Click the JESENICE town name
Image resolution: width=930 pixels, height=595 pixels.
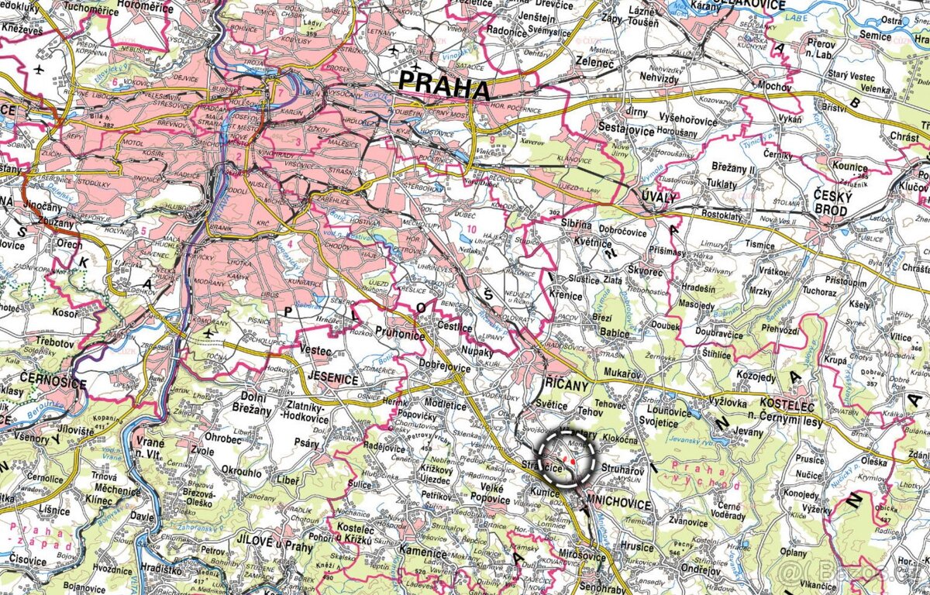pos(332,380)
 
